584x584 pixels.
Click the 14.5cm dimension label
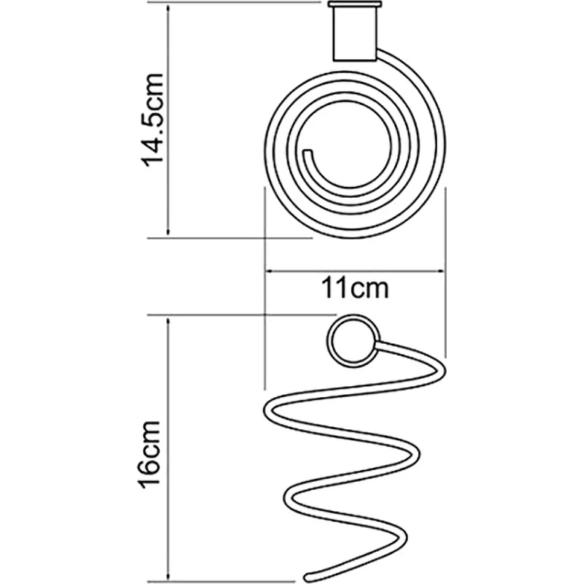pos(153,120)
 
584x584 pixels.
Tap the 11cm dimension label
pos(355,288)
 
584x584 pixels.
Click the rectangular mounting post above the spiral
pos(354,34)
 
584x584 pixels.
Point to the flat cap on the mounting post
pos(355,5)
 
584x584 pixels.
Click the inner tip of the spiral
pos(307,153)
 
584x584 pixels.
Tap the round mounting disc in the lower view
pos(353,341)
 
